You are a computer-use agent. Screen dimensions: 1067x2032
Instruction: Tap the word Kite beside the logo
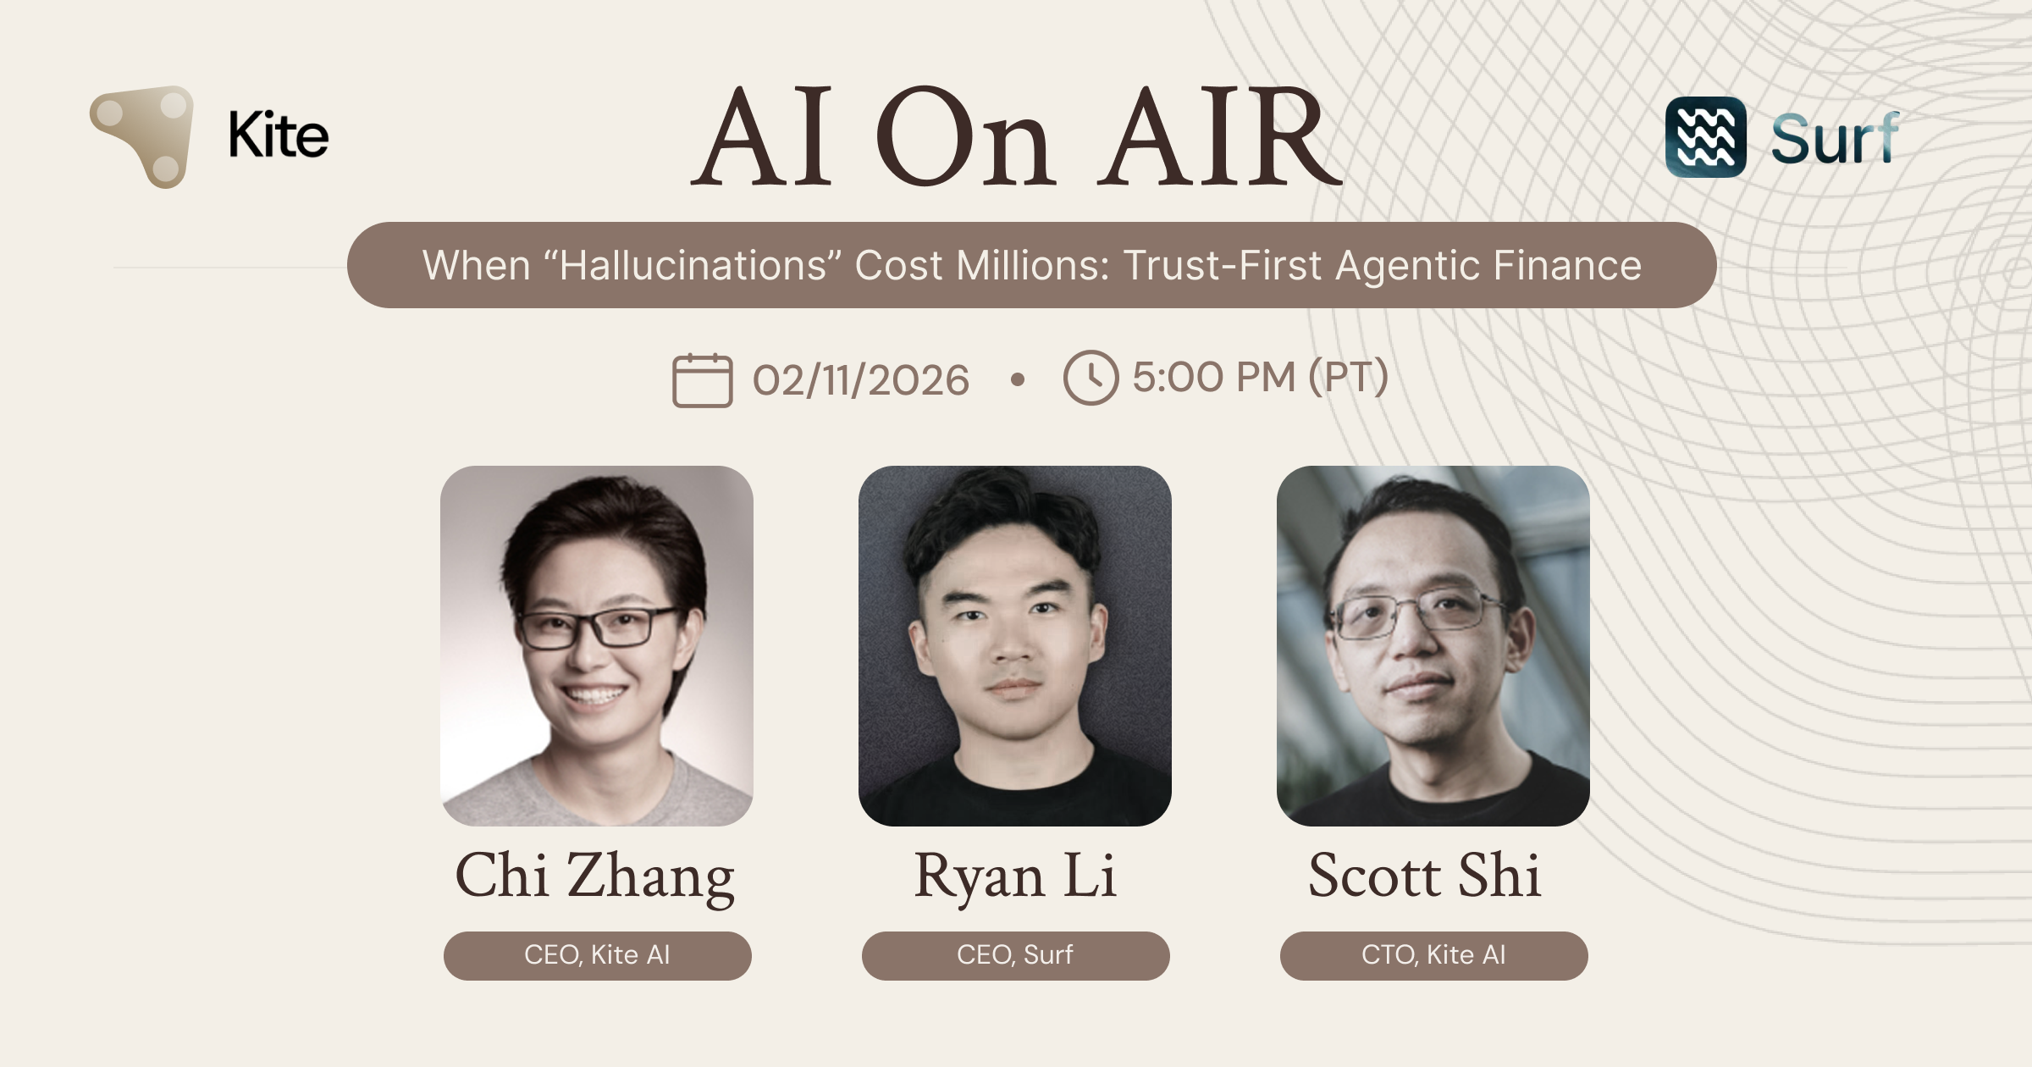pyautogui.click(x=279, y=135)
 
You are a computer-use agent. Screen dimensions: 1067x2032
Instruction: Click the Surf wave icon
pyautogui.click(x=1705, y=137)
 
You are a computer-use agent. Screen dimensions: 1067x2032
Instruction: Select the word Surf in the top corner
pyautogui.click(x=1834, y=139)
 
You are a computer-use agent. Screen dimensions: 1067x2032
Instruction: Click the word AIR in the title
pyautogui.click(x=1219, y=139)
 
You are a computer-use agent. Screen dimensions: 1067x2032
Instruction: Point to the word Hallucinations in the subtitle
pyautogui.click(x=693, y=266)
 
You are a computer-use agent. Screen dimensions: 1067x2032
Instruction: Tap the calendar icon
pyautogui.click(x=702, y=380)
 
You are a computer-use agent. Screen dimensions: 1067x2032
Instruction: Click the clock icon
pyautogui.click(x=1091, y=378)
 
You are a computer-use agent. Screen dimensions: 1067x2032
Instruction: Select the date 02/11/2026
pyautogui.click(x=860, y=380)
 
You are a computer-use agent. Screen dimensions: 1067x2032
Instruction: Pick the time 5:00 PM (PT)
pyautogui.click(x=1261, y=378)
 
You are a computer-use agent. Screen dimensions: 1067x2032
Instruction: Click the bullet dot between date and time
pyautogui.click(x=1018, y=380)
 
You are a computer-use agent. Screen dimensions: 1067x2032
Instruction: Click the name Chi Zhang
pyautogui.click(x=595, y=876)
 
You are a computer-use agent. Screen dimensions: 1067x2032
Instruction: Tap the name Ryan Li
pyautogui.click(x=1015, y=876)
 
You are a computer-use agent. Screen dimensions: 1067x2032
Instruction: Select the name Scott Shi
pyautogui.click(x=1425, y=876)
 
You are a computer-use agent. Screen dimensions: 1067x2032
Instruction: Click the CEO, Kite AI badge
pyautogui.click(x=597, y=955)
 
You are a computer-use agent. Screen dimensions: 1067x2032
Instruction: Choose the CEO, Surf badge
pyautogui.click(x=1015, y=955)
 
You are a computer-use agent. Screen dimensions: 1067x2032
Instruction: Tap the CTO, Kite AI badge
pyautogui.click(x=1433, y=955)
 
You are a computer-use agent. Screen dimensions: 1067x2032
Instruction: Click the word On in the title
pyautogui.click(x=965, y=139)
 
